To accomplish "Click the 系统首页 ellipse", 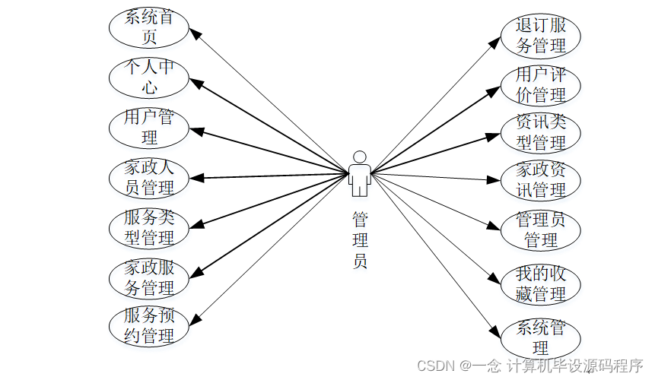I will pos(148,27).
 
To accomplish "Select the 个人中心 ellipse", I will pos(148,77).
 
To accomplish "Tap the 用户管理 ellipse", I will pos(148,127).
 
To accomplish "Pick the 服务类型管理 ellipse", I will pos(148,226).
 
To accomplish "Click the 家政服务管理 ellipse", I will pos(148,277).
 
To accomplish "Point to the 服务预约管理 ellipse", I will pos(148,325).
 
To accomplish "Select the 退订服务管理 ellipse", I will pos(541,36).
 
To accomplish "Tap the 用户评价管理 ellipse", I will pos(541,84).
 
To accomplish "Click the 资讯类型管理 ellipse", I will pos(541,131).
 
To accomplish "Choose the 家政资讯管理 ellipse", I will pos(541,179).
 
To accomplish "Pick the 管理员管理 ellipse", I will pos(541,230).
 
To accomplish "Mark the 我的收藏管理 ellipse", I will pos(541,283).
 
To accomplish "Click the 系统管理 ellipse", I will pos(541,337).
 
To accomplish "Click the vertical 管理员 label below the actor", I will pos(360,241).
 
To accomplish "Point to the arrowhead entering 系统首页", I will pos(193,33).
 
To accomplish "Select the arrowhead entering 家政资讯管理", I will pos(494,180).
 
